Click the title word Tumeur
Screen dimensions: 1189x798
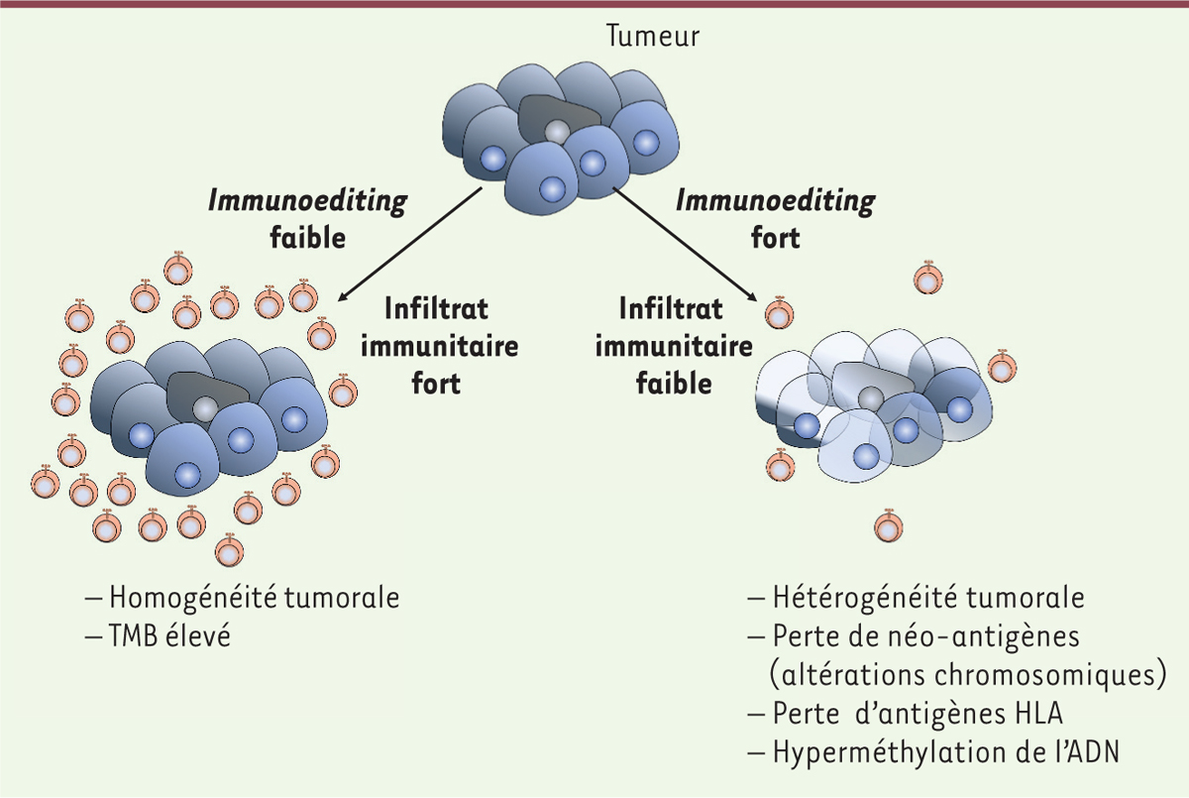click(652, 36)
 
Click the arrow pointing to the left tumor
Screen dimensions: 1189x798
click(410, 244)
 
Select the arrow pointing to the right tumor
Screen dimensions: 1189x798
click(686, 244)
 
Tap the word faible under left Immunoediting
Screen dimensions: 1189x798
click(308, 237)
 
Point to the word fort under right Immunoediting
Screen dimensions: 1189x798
click(776, 237)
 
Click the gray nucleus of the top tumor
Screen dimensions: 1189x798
click(557, 132)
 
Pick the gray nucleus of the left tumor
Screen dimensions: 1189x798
click(205, 408)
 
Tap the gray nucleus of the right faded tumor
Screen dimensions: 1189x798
click(871, 399)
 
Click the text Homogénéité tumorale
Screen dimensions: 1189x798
click(255, 598)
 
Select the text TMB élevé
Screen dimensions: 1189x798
click(169, 635)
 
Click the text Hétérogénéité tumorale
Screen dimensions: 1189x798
click(928, 598)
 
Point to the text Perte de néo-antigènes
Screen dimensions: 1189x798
click(925, 636)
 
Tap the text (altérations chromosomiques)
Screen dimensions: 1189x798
click(968, 675)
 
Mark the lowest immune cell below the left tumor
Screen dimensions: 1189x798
click(229, 549)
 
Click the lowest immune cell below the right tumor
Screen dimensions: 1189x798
click(889, 525)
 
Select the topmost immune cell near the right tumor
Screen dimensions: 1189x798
click(928, 278)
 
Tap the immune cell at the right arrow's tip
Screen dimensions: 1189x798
click(779, 312)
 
